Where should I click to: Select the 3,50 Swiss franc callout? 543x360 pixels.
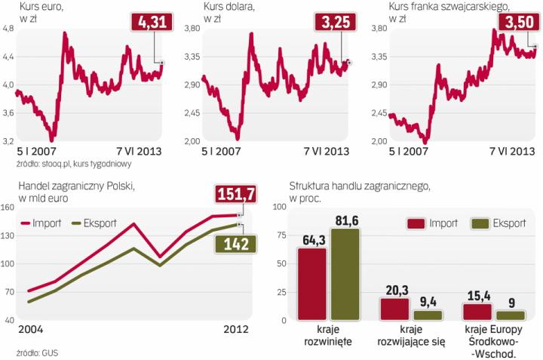coord(519,25)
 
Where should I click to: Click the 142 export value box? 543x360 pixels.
coord(235,244)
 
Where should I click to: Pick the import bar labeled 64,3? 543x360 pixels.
coord(312,284)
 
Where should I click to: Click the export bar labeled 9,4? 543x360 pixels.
coord(428,315)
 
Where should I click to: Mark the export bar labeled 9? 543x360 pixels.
coord(511,315)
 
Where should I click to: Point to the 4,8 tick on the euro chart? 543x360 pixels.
coord(9,29)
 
